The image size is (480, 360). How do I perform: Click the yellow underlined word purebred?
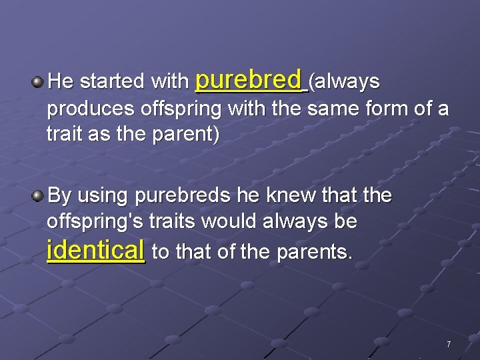248,81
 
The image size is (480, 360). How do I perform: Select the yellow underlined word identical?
96,251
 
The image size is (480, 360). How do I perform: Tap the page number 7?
449,345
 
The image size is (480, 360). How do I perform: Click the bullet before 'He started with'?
38,83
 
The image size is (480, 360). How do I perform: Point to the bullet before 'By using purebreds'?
38,196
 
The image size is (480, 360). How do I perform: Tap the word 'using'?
103,197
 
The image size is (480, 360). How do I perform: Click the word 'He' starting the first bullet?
61,82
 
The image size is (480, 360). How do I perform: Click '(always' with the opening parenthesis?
345,82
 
